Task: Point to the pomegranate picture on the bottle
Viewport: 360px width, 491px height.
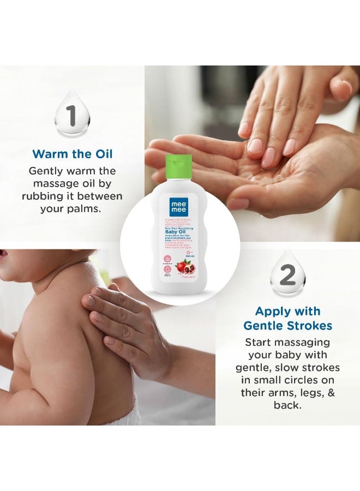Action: (188, 267)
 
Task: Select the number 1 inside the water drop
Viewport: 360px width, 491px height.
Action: (71, 116)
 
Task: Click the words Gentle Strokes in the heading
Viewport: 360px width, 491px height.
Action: (288, 326)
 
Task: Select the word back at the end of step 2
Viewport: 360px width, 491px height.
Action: (287, 405)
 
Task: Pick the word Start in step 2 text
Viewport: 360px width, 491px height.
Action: (257, 342)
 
